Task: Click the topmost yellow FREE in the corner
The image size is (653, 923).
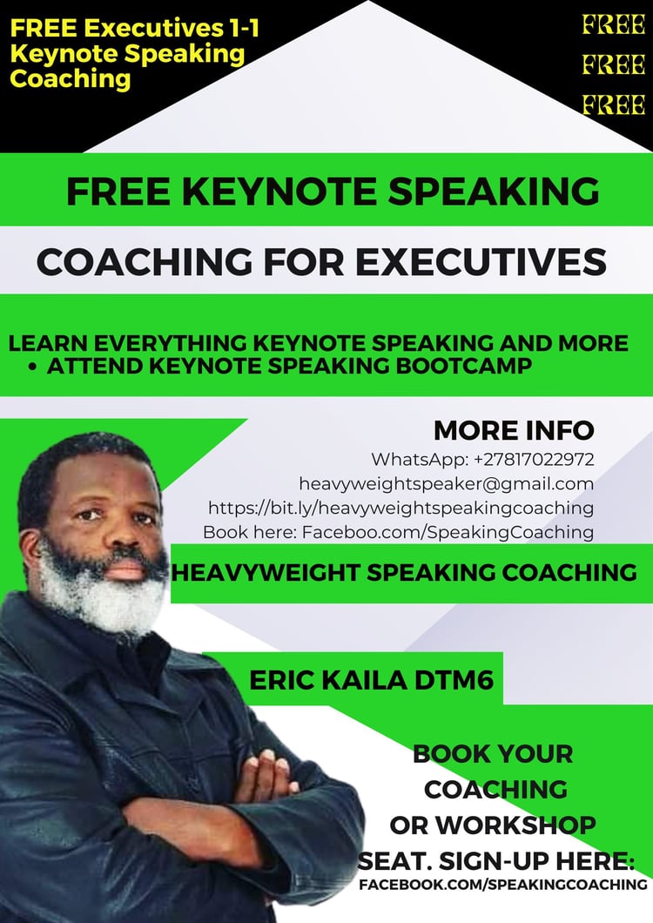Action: coord(614,24)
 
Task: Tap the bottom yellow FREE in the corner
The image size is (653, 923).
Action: coord(614,104)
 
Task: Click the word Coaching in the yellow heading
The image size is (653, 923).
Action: coord(70,79)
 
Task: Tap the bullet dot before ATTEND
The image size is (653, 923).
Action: coord(32,367)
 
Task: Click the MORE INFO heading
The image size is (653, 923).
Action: coord(514,430)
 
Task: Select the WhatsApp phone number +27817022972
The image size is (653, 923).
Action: coord(534,459)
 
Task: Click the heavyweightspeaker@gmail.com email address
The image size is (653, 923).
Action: coord(447,484)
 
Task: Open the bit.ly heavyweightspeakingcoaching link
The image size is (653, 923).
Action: coord(401,508)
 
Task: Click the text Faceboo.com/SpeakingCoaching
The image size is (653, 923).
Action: coord(448,532)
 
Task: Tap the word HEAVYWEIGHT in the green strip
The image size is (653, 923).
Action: coord(266,573)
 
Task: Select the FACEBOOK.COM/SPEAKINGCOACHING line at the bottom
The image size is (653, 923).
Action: coord(503,884)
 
